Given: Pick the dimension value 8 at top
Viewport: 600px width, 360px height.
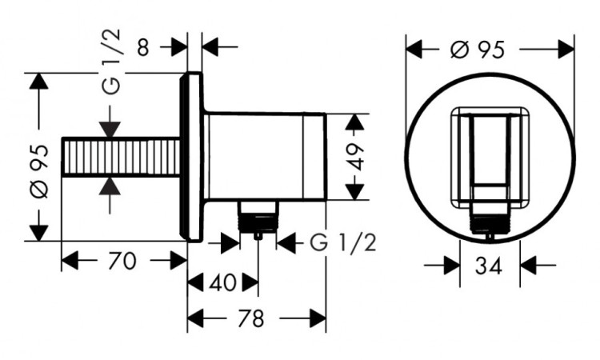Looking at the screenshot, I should pos(144,47).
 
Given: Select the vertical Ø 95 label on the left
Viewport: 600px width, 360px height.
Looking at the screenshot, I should pos(41,167).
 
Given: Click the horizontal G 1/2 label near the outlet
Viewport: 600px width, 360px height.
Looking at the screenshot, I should pos(342,242).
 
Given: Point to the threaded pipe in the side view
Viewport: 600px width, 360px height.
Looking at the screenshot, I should pos(120,157).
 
